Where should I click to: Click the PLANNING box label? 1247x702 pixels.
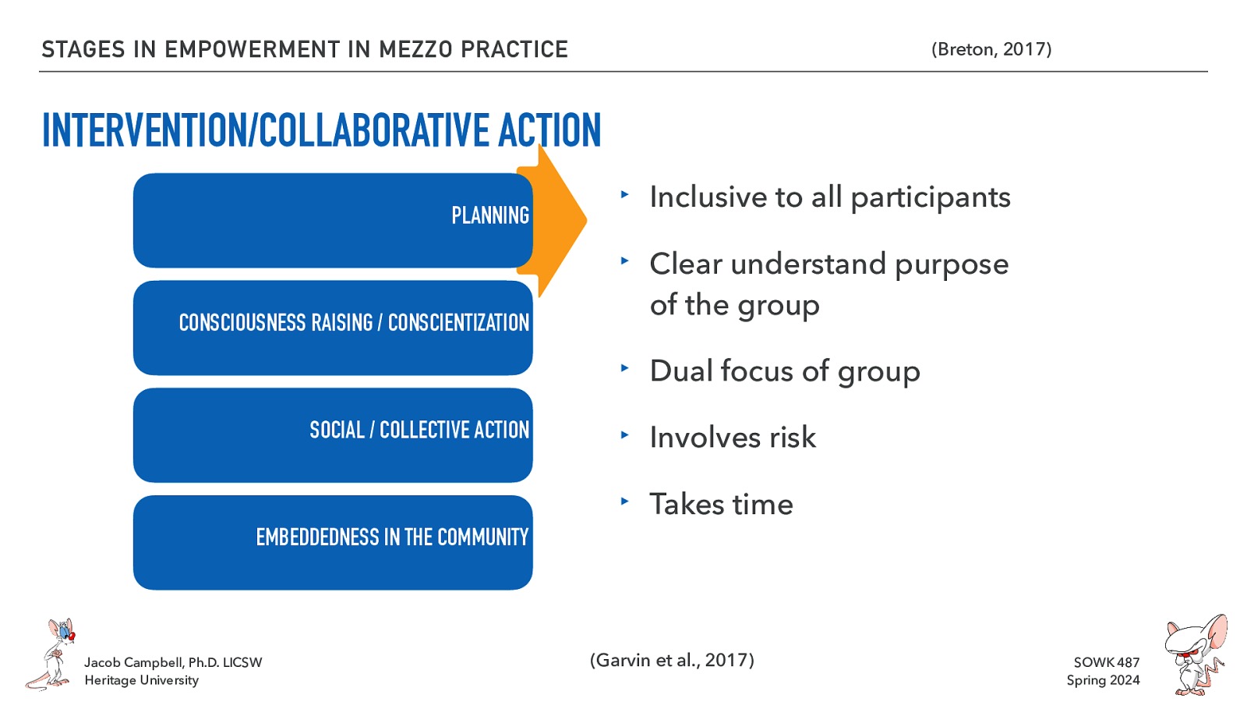click(489, 215)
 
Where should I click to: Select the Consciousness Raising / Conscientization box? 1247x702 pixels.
click(333, 327)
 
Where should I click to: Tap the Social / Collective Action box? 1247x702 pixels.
click(333, 434)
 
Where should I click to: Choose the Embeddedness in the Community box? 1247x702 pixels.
click(333, 542)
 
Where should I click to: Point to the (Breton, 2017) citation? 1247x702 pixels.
click(991, 49)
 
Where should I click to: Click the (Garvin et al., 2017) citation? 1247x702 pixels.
click(672, 660)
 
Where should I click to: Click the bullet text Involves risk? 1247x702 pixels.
click(733, 438)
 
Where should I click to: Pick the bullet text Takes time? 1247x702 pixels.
click(721, 505)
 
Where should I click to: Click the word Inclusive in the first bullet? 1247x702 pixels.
click(708, 197)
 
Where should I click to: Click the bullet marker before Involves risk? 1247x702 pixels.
click(623, 434)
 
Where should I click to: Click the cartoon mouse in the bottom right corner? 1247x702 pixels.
click(1194, 655)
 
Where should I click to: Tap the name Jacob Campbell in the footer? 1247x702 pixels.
click(133, 662)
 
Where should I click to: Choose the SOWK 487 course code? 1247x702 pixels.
click(1106, 662)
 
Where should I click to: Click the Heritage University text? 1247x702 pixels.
click(141, 680)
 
